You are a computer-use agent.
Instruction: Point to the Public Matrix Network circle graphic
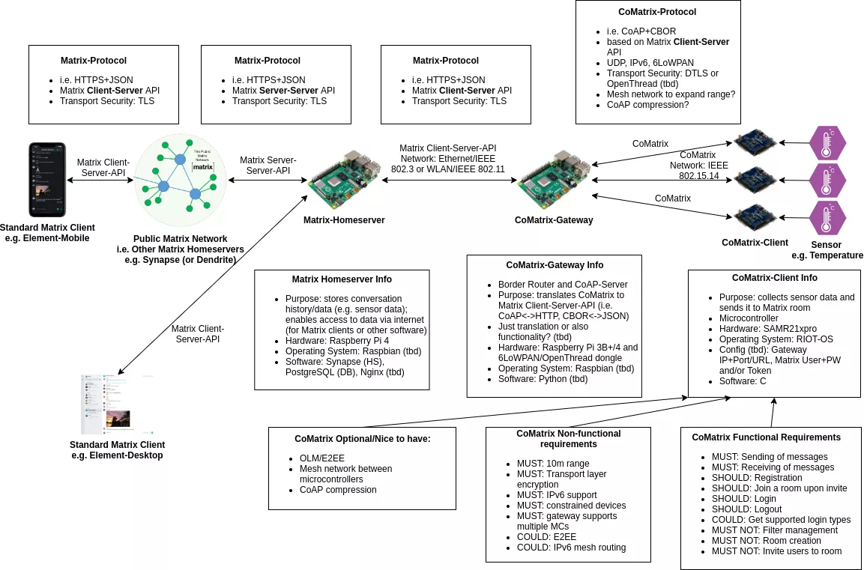pyautogui.click(x=180, y=180)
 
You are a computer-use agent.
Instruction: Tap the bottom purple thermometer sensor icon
pyautogui.click(x=827, y=218)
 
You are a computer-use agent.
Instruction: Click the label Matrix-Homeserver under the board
pyautogui.click(x=344, y=220)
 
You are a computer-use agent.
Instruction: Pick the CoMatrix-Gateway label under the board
pyautogui.click(x=554, y=220)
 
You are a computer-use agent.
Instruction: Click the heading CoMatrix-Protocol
pyautogui.click(x=657, y=12)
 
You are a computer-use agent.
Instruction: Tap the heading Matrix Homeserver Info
pyautogui.click(x=342, y=279)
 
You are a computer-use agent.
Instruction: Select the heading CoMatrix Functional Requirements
pyautogui.click(x=766, y=437)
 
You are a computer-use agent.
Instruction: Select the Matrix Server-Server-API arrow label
pyautogui.click(x=268, y=166)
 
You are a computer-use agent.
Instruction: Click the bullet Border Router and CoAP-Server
pyautogui.click(x=563, y=285)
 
